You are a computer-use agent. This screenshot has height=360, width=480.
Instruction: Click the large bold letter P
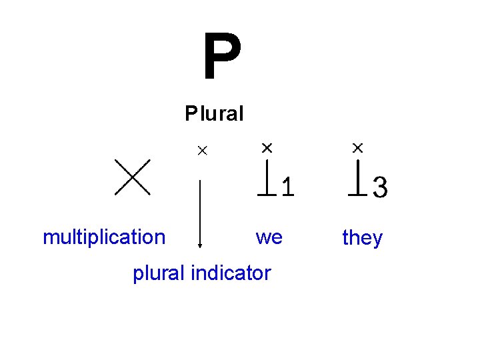click(x=222, y=58)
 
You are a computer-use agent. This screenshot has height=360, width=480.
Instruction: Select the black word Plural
click(x=215, y=113)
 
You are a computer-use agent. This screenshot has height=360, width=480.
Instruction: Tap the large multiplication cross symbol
click(x=132, y=177)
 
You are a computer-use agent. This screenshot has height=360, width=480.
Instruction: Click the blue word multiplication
click(x=104, y=237)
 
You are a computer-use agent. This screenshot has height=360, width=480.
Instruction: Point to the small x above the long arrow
click(x=201, y=151)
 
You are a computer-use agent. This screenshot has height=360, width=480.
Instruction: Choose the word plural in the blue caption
click(x=159, y=273)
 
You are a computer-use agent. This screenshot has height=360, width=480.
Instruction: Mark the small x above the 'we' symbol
click(x=267, y=146)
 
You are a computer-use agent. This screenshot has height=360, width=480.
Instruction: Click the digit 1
click(x=287, y=187)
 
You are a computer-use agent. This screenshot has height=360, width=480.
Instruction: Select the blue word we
click(x=269, y=237)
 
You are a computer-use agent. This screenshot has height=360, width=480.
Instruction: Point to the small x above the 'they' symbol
click(x=358, y=147)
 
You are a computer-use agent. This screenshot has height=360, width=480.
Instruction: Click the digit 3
click(x=380, y=187)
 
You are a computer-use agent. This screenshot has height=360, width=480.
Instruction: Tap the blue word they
click(x=362, y=237)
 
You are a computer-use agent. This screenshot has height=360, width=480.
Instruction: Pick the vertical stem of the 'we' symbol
click(x=267, y=177)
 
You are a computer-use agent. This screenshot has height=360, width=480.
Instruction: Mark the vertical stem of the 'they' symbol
click(x=358, y=177)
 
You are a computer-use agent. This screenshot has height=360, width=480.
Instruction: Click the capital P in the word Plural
click(x=191, y=113)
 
